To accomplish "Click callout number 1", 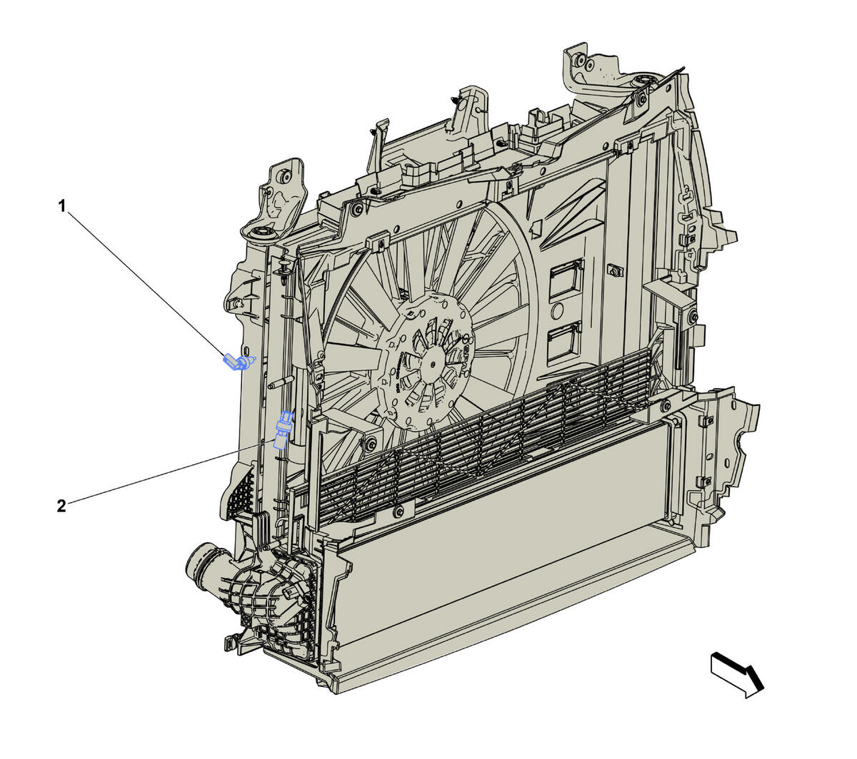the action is tap(62, 206).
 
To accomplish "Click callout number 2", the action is tap(61, 506).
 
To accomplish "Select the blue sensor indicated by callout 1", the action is tap(239, 362).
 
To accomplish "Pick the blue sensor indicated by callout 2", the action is tap(283, 429).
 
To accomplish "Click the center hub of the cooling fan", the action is tap(432, 364).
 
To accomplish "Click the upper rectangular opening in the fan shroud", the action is tap(567, 277).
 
